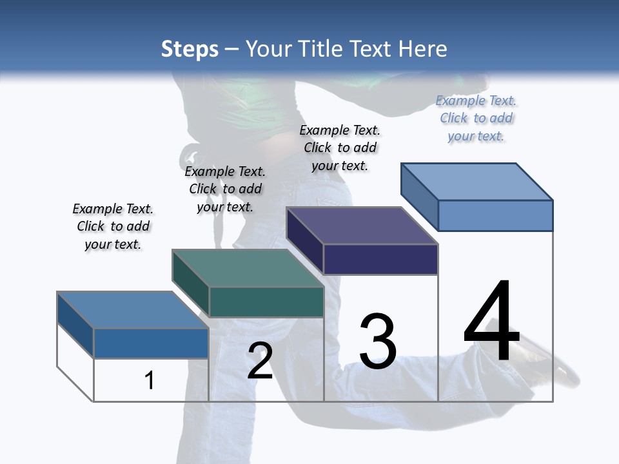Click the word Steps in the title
[x=190, y=49]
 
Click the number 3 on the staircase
[x=378, y=341]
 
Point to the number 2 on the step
[x=260, y=361]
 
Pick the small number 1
[x=150, y=380]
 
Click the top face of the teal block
[x=248, y=268]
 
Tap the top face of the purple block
[x=362, y=226]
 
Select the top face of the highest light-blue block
[x=477, y=181]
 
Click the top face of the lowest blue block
[x=132, y=310]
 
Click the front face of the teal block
[x=266, y=302]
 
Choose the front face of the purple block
[x=380, y=260]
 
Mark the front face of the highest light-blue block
[x=495, y=215]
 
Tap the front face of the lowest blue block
[x=151, y=343]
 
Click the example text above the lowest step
[x=113, y=227]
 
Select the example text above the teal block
[x=225, y=189]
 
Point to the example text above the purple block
[x=340, y=148]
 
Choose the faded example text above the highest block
[x=476, y=118]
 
